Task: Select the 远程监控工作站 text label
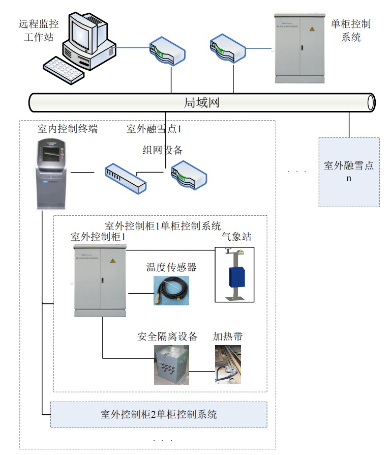[39, 30]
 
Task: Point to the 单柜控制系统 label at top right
[350, 30]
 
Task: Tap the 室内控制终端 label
[68, 129]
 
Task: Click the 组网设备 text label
[162, 150]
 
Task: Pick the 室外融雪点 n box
[349, 172]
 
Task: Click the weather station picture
[234, 275]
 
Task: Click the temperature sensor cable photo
[171, 291]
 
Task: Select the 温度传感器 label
[171, 267]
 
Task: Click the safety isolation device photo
[175, 364]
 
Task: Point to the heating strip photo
[227, 364]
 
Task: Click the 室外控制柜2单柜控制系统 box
[159, 414]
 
